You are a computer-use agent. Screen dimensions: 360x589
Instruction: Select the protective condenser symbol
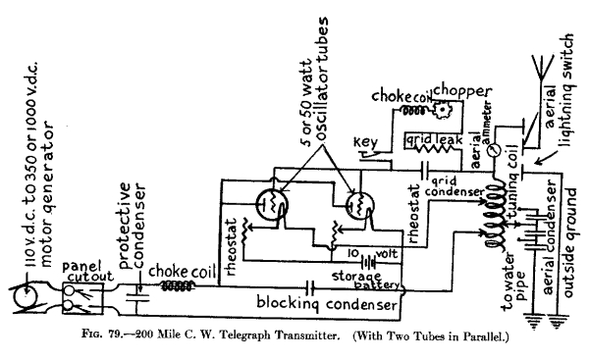(x=136, y=288)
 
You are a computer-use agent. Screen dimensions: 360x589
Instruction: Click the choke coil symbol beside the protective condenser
(x=176, y=287)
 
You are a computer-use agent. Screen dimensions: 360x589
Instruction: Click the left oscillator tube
(x=271, y=205)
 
